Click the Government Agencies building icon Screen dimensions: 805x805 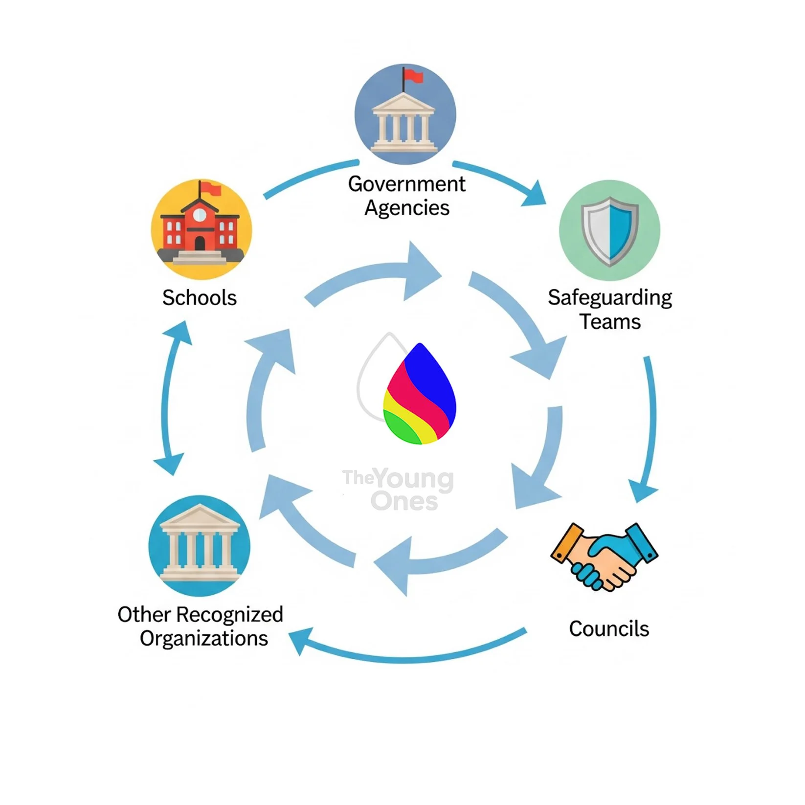coord(404,114)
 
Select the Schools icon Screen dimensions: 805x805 coord(201,229)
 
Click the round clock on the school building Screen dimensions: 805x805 coord(200,214)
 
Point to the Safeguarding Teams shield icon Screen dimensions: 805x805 coord(609,230)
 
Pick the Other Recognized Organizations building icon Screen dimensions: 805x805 coord(199,545)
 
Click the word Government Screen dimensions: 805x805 coord(406,184)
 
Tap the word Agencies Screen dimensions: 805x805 coord(407,208)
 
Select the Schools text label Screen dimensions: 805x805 coord(200,298)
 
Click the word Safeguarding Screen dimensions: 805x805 coord(610,298)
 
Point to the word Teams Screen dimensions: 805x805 coord(610,322)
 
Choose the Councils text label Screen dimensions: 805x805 coord(609,629)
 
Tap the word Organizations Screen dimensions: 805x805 coord(204,639)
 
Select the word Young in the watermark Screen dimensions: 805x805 coord(415,479)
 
